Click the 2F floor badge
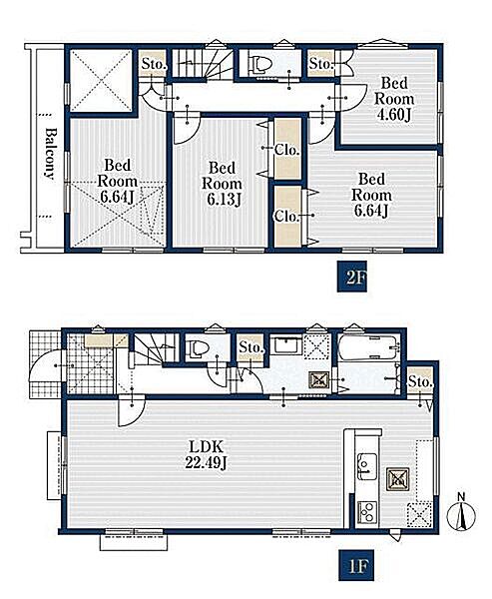coord(352,277)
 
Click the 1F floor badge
coord(356,566)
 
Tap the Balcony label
coord(50,154)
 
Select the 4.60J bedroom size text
coord(394,115)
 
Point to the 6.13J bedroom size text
coord(224,200)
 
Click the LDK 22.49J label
coord(207,454)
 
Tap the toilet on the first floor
coord(198,349)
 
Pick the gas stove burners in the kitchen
coord(367,512)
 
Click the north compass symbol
coord(461,513)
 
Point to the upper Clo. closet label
coord(286,150)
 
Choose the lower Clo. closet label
coord(286,217)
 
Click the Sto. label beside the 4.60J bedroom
coord(320,64)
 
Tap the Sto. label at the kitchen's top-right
coord(420,381)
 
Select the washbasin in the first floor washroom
coord(286,346)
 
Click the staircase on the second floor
coord(202,63)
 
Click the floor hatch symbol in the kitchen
coord(398,479)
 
